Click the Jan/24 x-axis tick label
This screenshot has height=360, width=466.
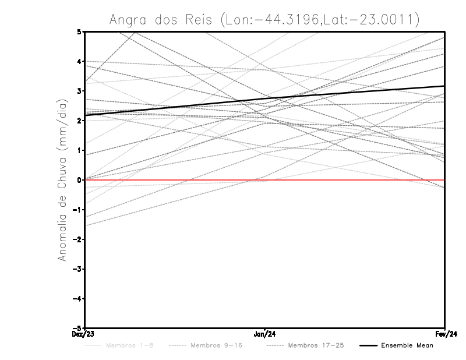(x=265, y=334)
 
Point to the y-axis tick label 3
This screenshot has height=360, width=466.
(x=79, y=91)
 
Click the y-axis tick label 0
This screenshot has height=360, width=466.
(x=79, y=180)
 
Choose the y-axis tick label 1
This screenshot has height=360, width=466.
(x=79, y=150)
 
